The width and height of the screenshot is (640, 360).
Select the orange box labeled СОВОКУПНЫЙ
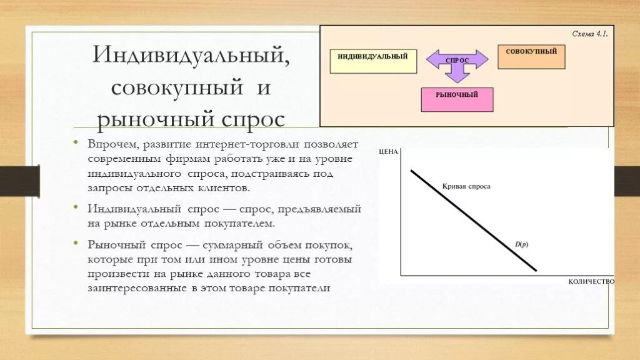(531, 56)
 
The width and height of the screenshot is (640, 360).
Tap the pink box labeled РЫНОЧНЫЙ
(457, 99)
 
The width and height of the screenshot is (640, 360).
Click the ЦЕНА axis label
(388, 152)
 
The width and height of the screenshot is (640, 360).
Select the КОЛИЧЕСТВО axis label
(591, 282)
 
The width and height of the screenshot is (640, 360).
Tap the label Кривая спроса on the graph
(466, 186)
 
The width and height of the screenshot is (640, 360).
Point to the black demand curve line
(473, 220)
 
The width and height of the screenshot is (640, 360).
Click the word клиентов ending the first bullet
(227, 187)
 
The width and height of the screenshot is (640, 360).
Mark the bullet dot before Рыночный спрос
(76, 244)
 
